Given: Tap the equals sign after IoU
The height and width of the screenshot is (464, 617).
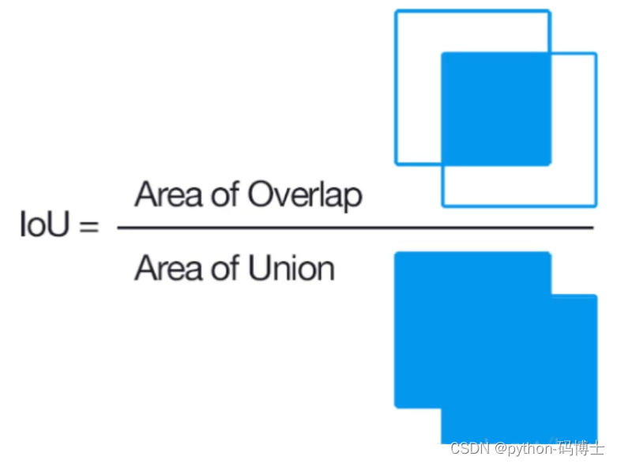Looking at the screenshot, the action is [x=90, y=228].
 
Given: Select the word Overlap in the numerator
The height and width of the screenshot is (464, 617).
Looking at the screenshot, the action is [x=305, y=194].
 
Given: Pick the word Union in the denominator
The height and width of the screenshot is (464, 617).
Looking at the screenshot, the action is [x=291, y=269].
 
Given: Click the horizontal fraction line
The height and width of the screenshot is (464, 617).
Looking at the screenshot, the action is [x=355, y=228].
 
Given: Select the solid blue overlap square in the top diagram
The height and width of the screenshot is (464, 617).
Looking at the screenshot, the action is [x=495, y=108].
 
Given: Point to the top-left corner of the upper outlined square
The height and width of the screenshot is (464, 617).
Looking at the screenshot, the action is [x=397, y=12].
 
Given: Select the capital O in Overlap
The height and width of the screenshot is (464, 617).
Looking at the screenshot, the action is [x=260, y=194].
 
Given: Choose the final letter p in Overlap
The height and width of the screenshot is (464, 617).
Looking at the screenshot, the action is [x=353, y=198].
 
